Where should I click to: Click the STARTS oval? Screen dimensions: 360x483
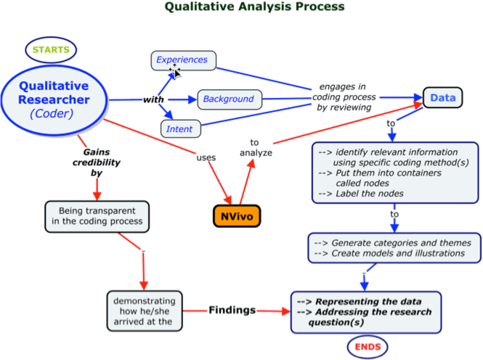click(x=51, y=50)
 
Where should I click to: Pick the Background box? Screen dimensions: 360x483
click(x=228, y=99)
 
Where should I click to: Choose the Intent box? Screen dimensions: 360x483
click(x=179, y=129)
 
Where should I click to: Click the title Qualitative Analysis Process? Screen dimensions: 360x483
click(x=254, y=7)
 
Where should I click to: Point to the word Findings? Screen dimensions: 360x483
click(x=232, y=310)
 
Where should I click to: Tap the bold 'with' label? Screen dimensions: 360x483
click(x=153, y=99)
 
